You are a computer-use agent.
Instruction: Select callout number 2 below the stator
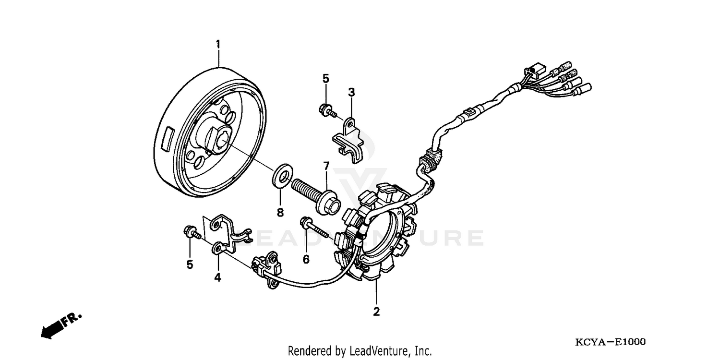pos(376,312)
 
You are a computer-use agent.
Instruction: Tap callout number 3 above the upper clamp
pos(351,92)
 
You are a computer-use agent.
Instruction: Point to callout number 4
pos(217,277)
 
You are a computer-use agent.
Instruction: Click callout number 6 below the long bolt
pos(306,259)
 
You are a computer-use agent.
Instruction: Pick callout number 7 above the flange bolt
pos(326,166)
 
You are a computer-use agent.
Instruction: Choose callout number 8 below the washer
pos(280,212)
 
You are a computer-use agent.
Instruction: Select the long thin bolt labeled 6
pos(314,228)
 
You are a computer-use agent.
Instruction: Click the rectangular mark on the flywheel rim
pos(168,139)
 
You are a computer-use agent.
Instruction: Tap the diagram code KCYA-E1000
pos(611,342)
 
